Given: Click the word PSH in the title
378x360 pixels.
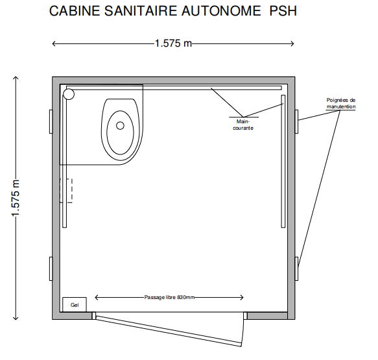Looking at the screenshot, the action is (283, 11).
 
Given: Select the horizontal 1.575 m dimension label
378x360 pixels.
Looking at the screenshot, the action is (173, 43).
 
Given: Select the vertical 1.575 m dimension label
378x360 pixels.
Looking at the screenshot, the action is (16, 198).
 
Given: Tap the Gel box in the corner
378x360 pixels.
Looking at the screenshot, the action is (75, 305).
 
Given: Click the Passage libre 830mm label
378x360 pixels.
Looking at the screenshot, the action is (169, 297).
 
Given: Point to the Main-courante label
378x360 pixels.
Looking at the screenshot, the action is (243, 125).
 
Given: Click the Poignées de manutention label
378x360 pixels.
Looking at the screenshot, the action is (341, 103).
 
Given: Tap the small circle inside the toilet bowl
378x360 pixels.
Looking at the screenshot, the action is (120, 126).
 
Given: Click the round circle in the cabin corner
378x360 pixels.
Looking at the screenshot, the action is (69, 94).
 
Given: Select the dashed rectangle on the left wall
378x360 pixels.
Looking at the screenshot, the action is (66, 191).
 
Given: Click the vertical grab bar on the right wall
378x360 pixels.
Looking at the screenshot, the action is (283, 161).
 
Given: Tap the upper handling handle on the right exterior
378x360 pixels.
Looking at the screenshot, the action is (296, 121).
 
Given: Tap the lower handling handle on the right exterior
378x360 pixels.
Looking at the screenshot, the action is (296, 269).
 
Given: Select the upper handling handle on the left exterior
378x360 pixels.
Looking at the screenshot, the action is (51, 121).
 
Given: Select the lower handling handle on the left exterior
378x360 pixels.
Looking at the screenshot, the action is (51, 269).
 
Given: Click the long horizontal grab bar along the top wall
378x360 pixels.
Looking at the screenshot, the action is (174, 88).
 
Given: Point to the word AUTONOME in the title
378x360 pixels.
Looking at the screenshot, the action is (221, 11).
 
